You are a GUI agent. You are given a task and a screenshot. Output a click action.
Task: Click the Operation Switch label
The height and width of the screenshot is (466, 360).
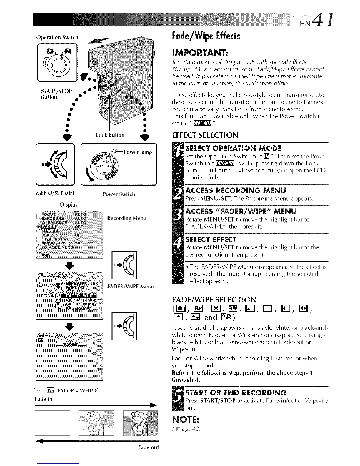pos(57,37)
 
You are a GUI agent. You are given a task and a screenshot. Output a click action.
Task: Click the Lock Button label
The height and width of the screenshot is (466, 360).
pos(110,135)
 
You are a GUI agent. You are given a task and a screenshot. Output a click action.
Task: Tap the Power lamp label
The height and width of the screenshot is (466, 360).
pos(138,152)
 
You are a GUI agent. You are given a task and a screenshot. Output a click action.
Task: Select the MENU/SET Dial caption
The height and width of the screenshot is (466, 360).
pos(55,193)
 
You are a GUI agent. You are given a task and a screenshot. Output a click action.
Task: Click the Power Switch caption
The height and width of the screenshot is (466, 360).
pos(119,194)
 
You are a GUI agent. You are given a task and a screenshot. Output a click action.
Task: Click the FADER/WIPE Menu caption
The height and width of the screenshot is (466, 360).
pos(130,286)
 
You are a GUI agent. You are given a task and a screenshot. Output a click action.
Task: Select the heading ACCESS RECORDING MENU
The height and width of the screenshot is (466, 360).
pos(236,190)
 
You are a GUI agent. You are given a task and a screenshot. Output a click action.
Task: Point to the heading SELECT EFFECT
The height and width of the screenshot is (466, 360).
pos(211,239)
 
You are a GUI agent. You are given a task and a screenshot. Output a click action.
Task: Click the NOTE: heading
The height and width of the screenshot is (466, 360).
pos(186,418)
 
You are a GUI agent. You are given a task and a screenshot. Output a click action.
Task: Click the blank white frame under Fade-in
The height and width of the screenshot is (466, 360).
pos(52,422)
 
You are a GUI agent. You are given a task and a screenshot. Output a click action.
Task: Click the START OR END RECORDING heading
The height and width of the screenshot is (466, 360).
pos(236,392)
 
